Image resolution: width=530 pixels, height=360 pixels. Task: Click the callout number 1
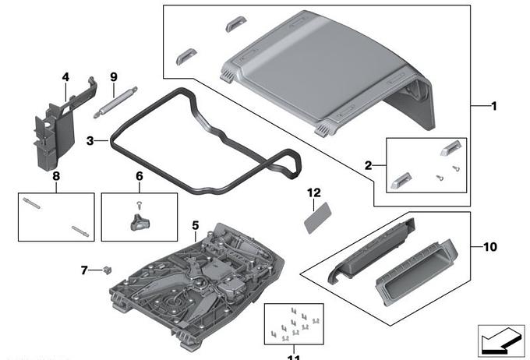(x=493, y=106)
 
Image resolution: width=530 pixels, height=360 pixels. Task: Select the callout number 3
(x=91, y=141)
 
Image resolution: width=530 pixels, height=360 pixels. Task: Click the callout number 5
(x=195, y=225)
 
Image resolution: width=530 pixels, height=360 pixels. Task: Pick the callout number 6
(x=140, y=176)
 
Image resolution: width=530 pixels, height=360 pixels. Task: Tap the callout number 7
(x=84, y=270)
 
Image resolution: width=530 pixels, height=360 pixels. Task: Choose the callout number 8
(x=56, y=176)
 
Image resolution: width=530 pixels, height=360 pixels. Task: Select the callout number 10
(x=489, y=247)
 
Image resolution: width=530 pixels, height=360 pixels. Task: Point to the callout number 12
(x=313, y=192)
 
